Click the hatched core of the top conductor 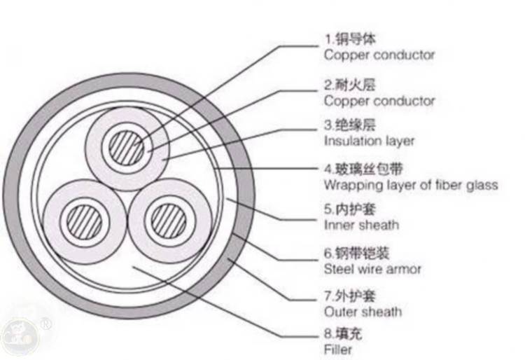click(x=127, y=148)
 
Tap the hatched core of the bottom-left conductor click(x=85, y=222)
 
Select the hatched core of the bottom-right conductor click(x=169, y=221)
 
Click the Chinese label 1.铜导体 click(x=350, y=39)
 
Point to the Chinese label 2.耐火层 click(x=350, y=85)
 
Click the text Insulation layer click(x=370, y=141)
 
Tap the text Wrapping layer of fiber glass click(x=411, y=185)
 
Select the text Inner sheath click(x=362, y=225)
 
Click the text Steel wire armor click(x=372, y=269)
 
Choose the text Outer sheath click(x=363, y=312)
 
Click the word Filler click(x=338, y=349)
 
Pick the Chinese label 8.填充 click(x=343, y=334)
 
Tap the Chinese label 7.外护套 click(x=350, y=296)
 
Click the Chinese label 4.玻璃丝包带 click(x=363, y=169)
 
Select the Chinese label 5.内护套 click(x=350, y=209)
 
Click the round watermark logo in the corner click(x=20, y=337)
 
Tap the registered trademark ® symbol click(x=46, y=324)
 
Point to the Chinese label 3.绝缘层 click(x=350, y=125)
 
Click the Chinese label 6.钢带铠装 click(x=357, y=253)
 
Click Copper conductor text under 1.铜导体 click(x=379, y=55)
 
